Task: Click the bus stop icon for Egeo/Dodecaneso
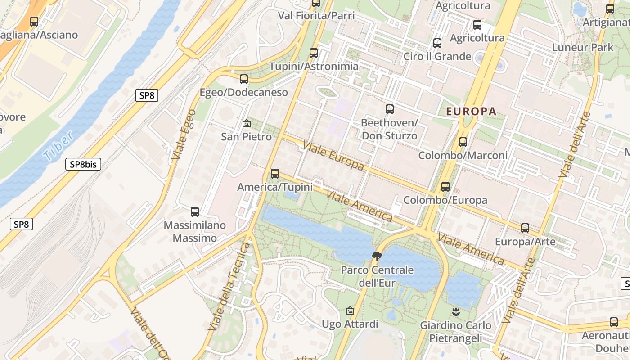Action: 244,79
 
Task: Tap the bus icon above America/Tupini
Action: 275,173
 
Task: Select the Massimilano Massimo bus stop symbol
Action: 195,211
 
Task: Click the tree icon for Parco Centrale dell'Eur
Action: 377,256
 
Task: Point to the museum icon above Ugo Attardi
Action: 350,310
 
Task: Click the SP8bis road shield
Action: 83,164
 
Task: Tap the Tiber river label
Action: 58,146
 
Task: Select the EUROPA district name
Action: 471,111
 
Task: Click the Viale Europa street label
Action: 333,156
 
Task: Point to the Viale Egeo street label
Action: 184,134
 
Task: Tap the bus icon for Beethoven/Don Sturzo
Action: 390,109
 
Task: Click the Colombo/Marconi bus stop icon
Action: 463,142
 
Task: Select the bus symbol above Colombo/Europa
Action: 445,186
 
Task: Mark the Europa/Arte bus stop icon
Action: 525,228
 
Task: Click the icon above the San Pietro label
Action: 247,123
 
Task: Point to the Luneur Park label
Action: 583,47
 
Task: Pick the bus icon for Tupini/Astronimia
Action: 314,53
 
